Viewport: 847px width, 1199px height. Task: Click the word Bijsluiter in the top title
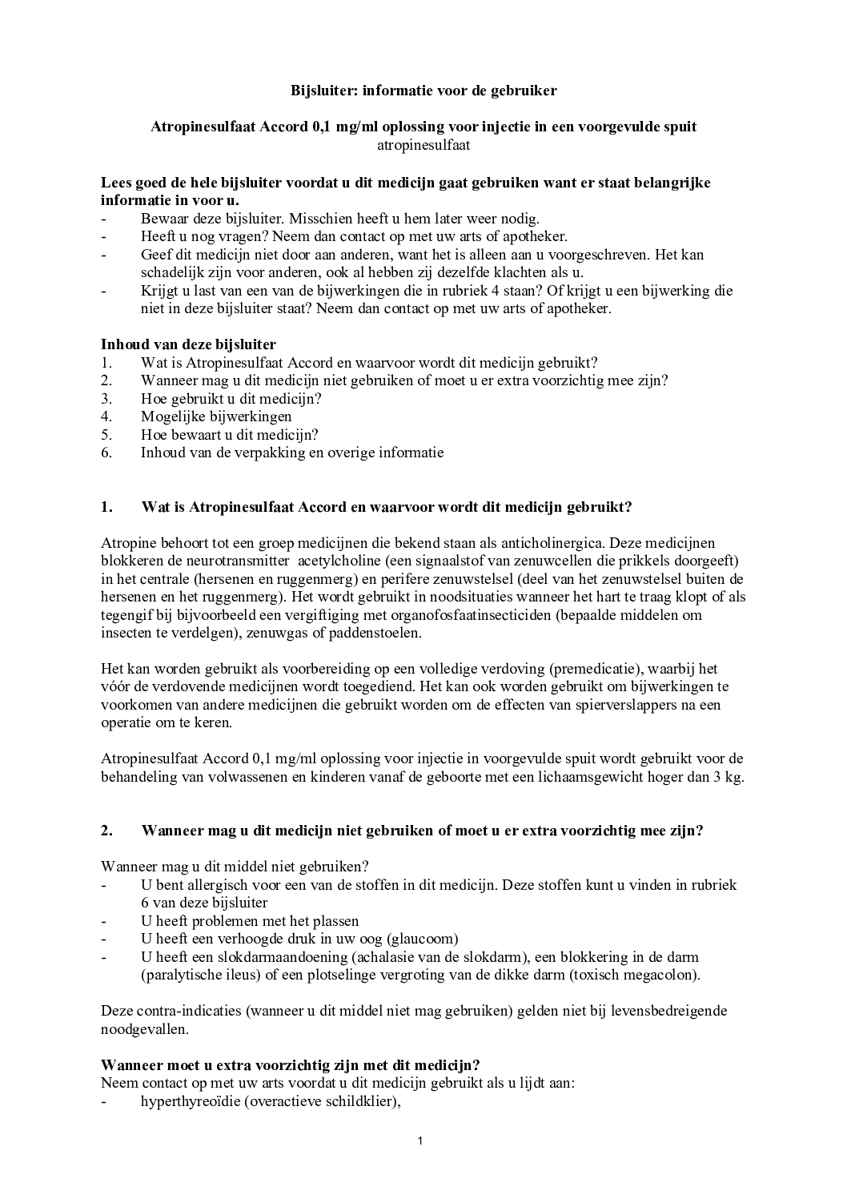tap(324, 91)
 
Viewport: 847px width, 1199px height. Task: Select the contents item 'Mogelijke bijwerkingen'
tap(216, 416)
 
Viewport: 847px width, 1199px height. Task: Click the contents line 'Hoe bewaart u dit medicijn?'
tap(230, 435)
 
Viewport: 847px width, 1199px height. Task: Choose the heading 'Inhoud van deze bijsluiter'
tap(188, 344)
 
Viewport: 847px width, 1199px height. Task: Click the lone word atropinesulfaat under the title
tap(423, 145)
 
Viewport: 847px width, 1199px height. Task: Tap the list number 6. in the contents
tap(106, 453)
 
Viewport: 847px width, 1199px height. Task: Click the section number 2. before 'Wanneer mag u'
tap(107, 831)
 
